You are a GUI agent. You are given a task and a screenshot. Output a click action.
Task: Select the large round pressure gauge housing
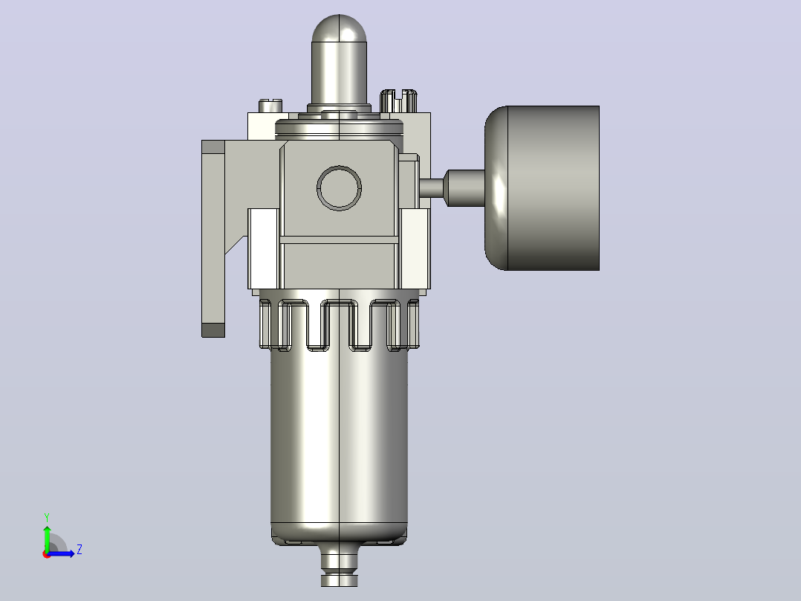pyautogui.click(x=542, y=187)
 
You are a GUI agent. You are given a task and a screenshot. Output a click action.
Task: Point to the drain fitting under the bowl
pyautogui.click(x=339, y=565)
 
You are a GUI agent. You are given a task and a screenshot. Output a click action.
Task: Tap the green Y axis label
pyautogui.click(x=47, y=517)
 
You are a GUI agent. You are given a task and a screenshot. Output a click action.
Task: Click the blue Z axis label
pyautogui.click(x=80, y=550)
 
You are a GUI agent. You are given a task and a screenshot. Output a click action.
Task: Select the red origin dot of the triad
pyautogui.click(x=47, y=554)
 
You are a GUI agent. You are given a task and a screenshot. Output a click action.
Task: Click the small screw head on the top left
pyautogui.click(x=270, y=106)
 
